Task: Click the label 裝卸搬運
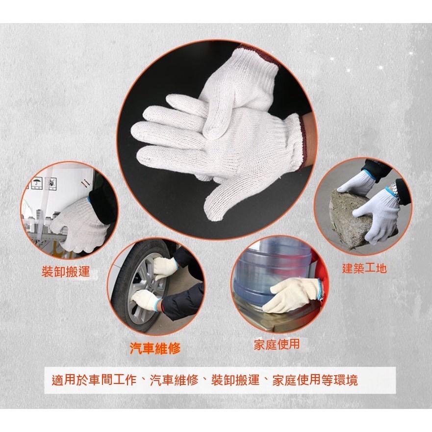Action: click(66, 272)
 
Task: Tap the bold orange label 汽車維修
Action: click(155, 349)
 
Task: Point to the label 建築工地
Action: click(364, 268)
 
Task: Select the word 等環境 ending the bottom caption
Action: click(340, 380)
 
